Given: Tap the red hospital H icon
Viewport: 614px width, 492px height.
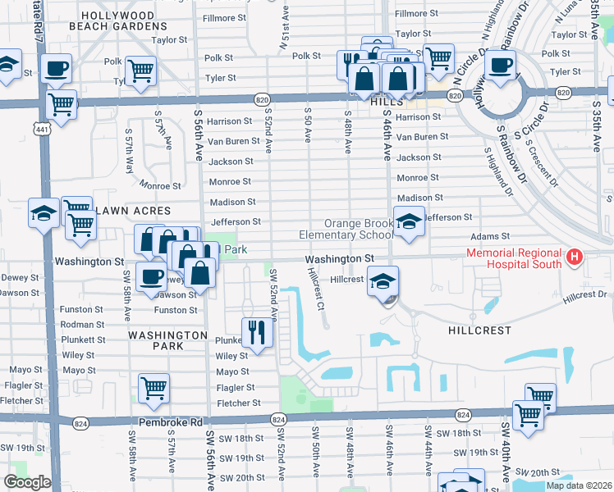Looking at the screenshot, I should point(575,257).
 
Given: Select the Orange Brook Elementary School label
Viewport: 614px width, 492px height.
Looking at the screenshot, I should point(359,229).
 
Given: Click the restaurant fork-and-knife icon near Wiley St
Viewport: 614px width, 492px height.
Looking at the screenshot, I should point(257,332).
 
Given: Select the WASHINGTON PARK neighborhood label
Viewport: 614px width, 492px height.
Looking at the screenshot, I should point(167,340).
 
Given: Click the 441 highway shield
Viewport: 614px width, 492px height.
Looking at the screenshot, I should point(40,128).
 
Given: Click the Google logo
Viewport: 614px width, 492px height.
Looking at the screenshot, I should point(27,482).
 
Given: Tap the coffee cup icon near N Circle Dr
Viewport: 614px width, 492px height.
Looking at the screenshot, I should point(502,63).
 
